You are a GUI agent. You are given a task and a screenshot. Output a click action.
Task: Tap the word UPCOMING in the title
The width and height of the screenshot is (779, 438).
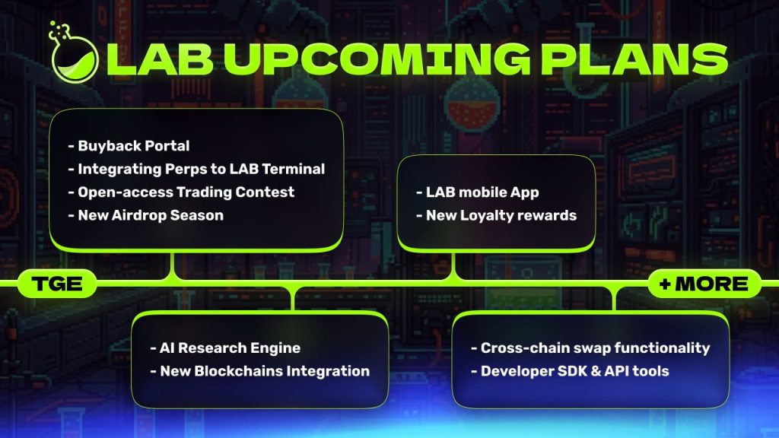pos(377,59)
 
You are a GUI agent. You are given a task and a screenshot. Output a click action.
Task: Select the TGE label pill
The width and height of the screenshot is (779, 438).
pos(57,284)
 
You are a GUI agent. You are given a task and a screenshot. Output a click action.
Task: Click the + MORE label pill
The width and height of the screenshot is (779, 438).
pos(704,284)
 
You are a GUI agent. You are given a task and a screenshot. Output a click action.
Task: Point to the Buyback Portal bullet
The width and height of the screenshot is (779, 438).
pos(129,145)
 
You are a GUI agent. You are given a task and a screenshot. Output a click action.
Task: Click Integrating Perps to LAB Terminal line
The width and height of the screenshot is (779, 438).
pos(196,169)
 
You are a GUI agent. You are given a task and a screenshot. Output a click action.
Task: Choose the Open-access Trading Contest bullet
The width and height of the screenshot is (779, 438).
pos(181,192)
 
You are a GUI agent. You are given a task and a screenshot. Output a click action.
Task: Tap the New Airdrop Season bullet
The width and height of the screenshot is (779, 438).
pos(145,215)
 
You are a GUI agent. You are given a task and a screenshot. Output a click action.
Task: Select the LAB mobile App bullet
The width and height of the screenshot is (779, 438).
pos(478,192)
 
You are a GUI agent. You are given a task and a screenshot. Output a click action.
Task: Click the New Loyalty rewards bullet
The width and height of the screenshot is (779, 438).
pos(496,215)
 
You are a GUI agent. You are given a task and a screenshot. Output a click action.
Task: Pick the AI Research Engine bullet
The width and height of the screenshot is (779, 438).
pos(225,348)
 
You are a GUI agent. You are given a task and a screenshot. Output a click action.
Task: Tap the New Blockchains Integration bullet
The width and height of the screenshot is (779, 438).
pos(260,371)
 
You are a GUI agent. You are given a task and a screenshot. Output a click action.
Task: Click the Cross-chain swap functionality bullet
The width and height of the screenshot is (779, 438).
pos(590,348)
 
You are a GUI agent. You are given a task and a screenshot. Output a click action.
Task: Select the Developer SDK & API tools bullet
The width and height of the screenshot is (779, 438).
pos(570,371)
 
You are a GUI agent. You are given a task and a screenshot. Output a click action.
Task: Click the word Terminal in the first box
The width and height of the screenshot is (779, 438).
pos(293,169)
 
